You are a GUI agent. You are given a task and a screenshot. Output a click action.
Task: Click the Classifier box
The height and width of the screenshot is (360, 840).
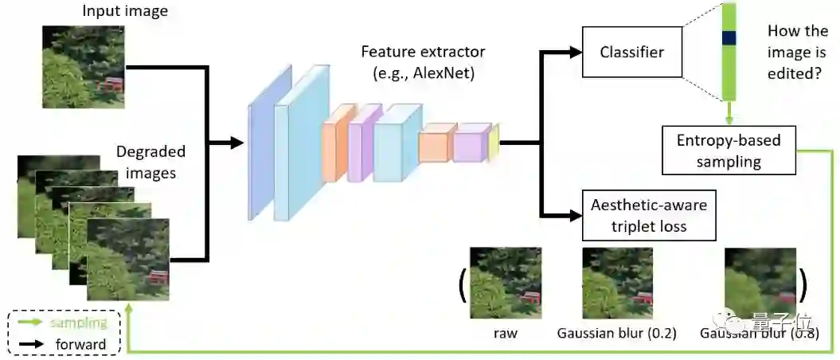point(631,53)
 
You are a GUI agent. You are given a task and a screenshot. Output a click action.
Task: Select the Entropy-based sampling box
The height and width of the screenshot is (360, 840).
point(729,151)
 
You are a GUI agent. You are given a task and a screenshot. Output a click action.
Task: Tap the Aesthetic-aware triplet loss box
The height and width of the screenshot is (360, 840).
point(649,215)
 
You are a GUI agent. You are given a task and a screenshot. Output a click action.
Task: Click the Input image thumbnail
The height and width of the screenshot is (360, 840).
point(84,67)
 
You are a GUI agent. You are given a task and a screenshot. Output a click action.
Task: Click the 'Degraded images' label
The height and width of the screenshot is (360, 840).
point(150,161)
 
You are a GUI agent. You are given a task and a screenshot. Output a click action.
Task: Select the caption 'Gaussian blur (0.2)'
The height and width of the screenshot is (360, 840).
point(617,333)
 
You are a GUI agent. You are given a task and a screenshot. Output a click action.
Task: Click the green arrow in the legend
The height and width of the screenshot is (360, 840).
point(29,323)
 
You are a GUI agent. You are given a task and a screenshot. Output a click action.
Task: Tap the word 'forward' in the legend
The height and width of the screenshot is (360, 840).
point(80,344)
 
